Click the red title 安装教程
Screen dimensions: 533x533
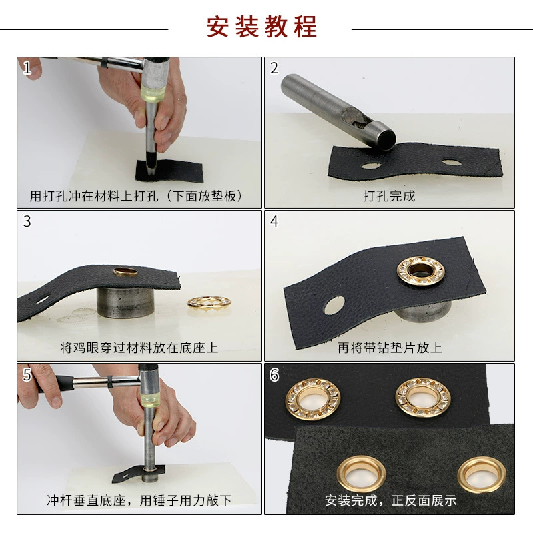click(262, 27)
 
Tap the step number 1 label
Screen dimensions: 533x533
click(27, 68)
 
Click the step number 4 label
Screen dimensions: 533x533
click(274, 221)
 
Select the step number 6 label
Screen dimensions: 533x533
click(274, 375)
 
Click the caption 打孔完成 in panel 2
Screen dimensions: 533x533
click(389, 196)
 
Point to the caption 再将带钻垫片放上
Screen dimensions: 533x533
click(390, 348)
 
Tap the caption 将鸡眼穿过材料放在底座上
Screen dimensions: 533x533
click(139, 348)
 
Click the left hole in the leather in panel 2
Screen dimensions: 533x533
click(371, 166)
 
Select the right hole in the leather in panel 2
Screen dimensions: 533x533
click(452, 162)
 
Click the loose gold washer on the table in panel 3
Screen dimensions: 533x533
click(209, 302)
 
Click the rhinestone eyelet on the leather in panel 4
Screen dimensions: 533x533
click(421, 271)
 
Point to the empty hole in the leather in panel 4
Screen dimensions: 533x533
click(334, 305)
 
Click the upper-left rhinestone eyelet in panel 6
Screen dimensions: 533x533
click(312, 399)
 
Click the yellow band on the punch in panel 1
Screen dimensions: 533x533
click(153, 93)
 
